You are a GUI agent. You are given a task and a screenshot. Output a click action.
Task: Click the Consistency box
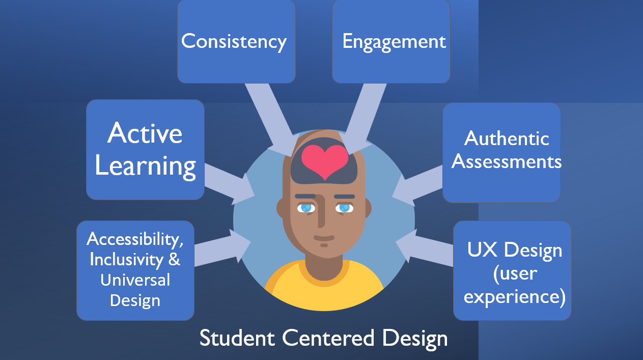click(x=236, y=42)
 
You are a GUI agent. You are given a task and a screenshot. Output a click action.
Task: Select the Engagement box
click(x=391, y=42)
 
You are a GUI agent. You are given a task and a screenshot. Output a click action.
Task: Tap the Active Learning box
click(x=145, y=149)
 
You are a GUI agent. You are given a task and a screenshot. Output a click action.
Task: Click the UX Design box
click(x=512, y=270)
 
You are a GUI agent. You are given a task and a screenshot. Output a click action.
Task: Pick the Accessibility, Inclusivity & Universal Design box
click(x=135, y=270)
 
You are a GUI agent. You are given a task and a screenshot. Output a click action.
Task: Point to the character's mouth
click(x=324, y=238)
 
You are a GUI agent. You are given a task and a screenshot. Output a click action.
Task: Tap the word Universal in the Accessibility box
click(x=135, y=280)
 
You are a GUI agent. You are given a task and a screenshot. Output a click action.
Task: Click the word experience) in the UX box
click(x=514, y=296)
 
